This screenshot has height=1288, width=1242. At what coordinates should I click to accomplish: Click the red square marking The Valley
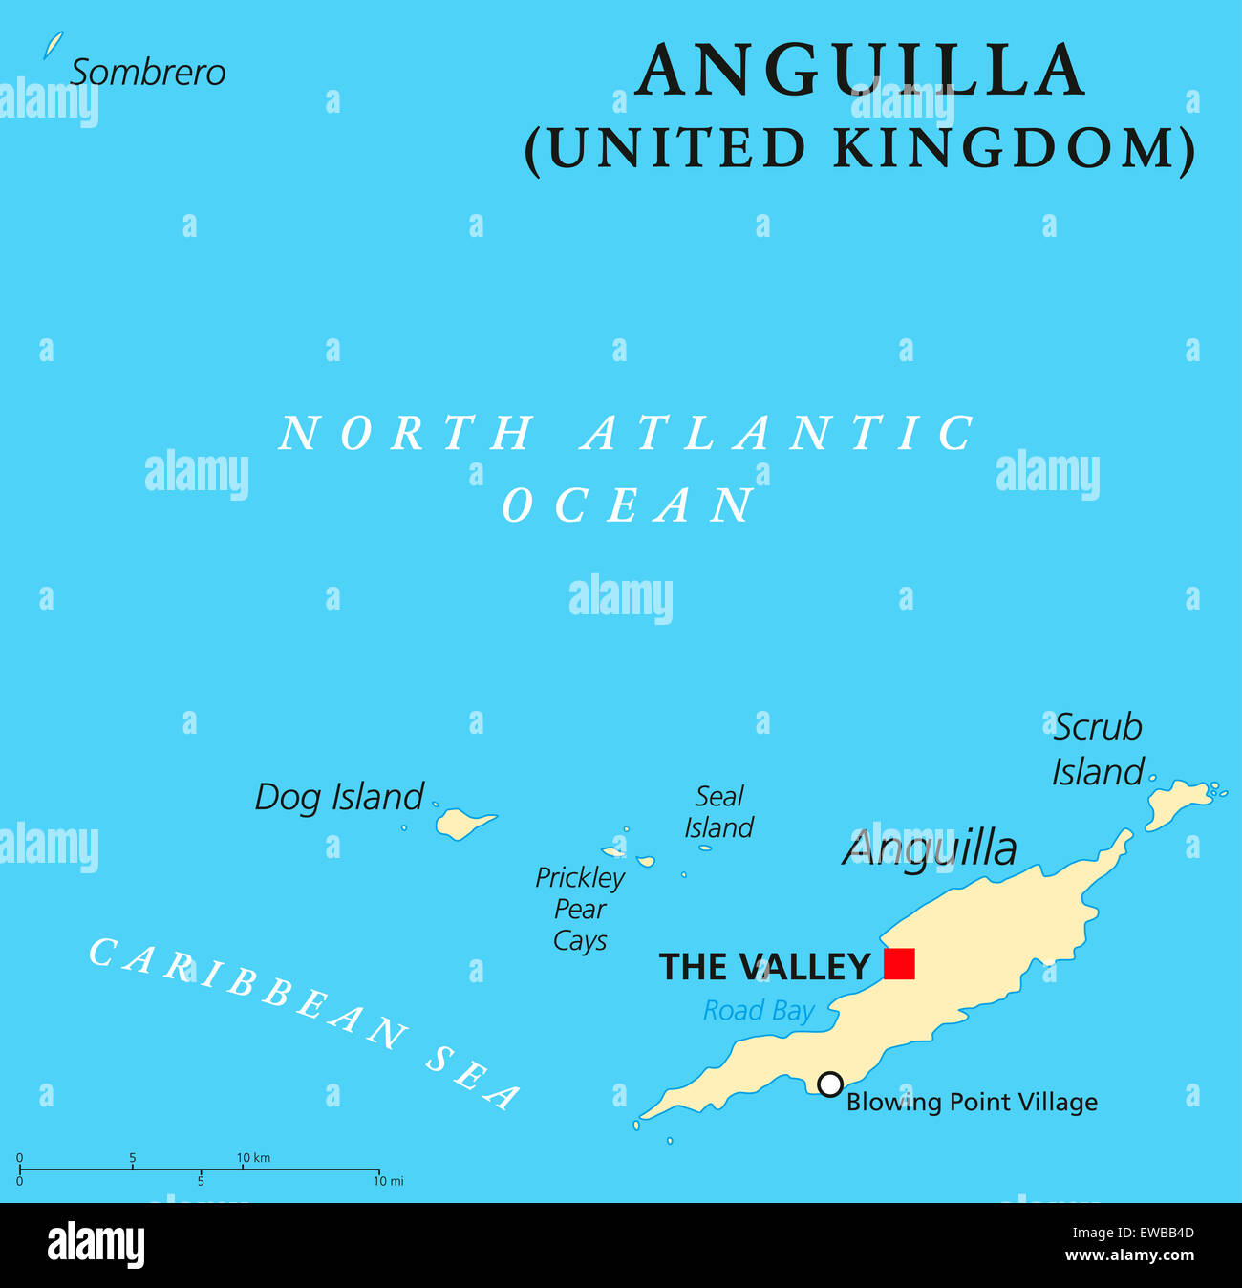tap(899, 963)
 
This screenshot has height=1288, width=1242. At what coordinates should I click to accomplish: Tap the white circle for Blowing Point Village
tap(830, 1084)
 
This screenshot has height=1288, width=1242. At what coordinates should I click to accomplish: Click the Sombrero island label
tap(148, 73)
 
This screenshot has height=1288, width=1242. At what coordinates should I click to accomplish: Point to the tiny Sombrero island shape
tap(54, 45)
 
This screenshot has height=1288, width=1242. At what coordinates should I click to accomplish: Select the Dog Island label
tap(338, 797)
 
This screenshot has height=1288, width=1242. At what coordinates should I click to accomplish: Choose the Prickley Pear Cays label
tap(580, 909)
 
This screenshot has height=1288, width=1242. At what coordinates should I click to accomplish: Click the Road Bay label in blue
tap(759, 1010)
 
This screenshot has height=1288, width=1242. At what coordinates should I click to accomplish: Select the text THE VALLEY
tap(764, 967)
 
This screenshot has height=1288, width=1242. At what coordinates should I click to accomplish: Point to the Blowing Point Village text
tap(972, 1102)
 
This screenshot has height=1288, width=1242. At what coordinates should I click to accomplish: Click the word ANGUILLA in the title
tap(860, 71)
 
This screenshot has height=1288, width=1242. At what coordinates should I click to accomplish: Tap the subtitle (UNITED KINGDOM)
tap(860, 149)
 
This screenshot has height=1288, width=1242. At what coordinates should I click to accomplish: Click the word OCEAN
tap(629, 504)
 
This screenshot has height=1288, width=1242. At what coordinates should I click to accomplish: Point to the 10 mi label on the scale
tap(388, 1182)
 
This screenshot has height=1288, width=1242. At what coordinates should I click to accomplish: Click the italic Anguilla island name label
tap(930, 848)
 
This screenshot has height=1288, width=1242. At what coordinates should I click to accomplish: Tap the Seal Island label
tap(718, 811)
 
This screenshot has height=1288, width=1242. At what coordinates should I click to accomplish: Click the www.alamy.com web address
tap(1128, 1256)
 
